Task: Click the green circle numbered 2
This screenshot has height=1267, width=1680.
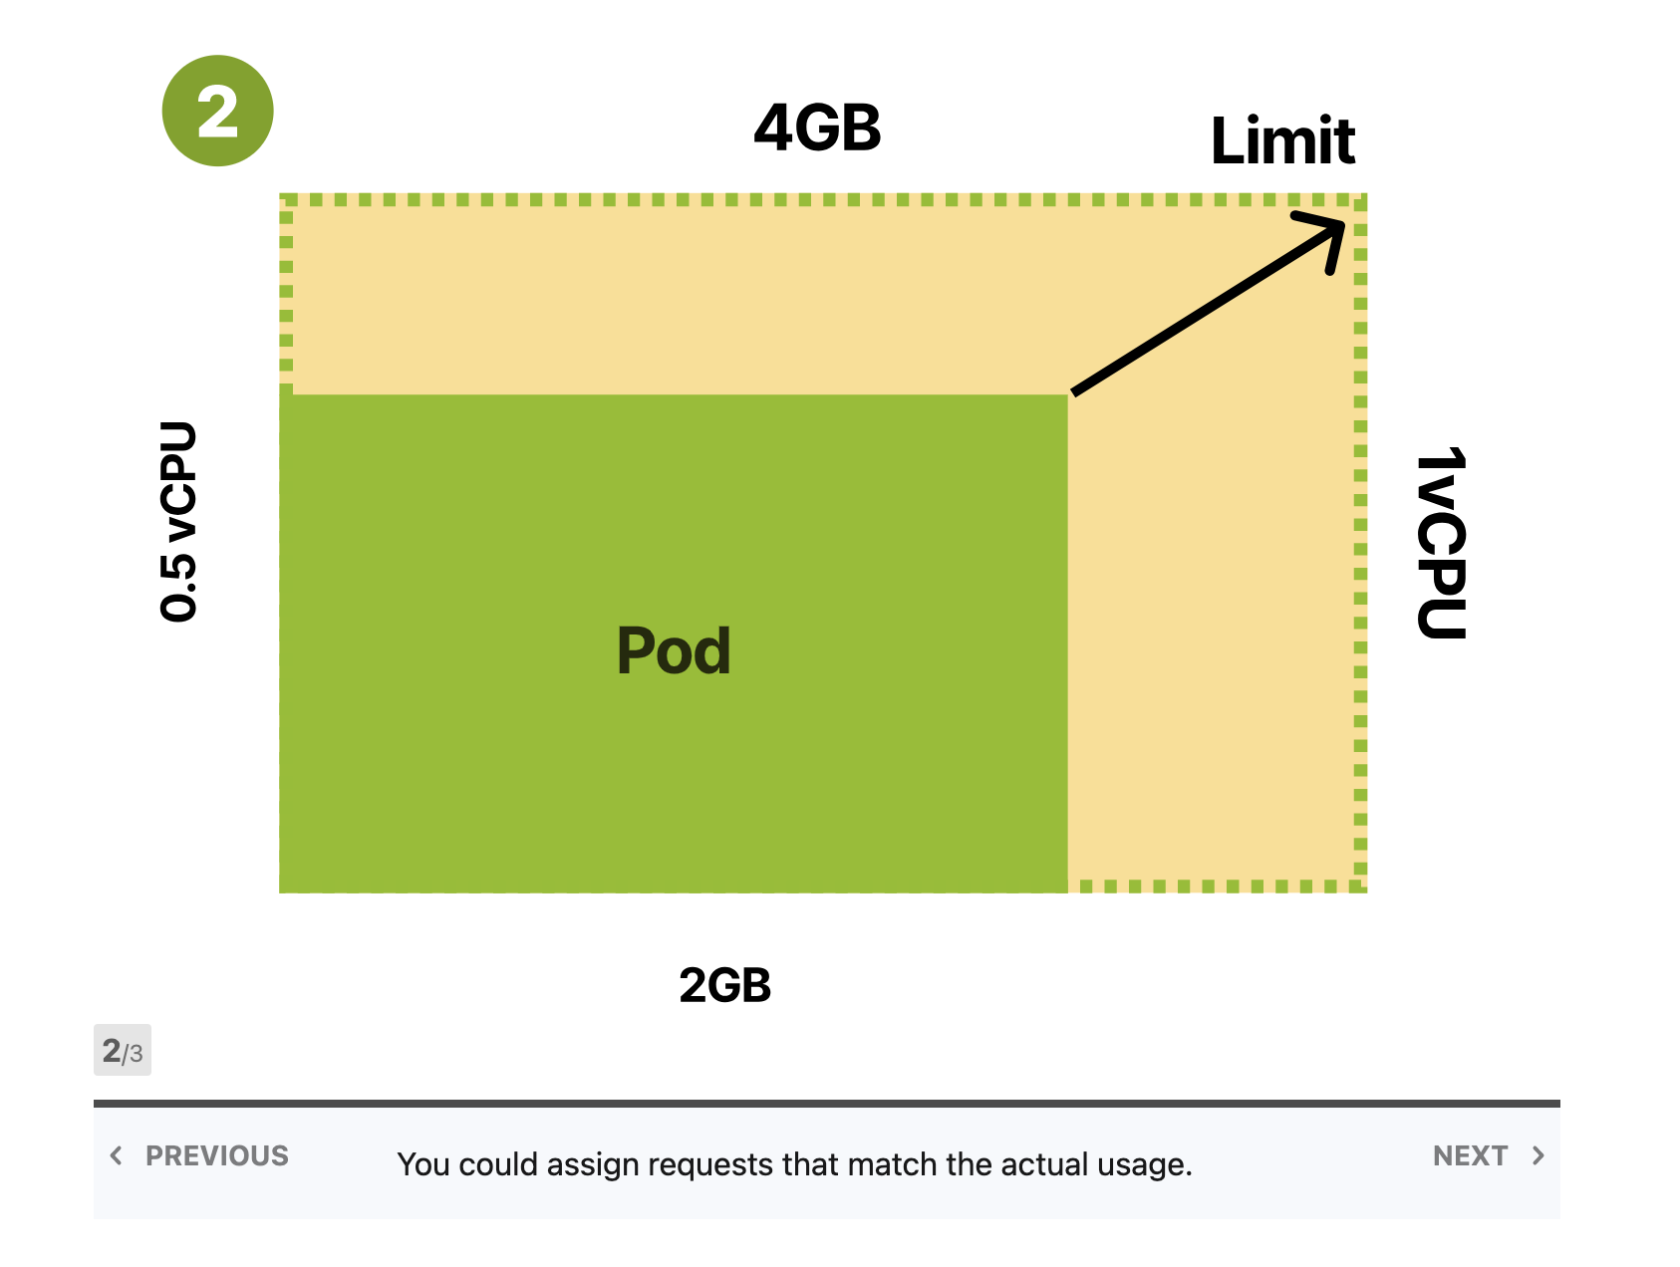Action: point(217,111)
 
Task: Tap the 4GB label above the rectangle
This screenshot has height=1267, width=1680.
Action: point(817,128)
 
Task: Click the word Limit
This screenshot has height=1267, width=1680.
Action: point(1282,140)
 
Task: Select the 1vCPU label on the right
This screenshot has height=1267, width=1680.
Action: point(1442,543)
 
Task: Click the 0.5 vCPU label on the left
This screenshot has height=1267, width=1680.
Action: point(178,522)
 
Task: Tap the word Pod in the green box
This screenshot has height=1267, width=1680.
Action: point(674,650)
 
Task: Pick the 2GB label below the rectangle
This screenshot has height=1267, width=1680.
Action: point(725,985)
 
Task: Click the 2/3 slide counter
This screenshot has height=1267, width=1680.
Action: point(123,1050)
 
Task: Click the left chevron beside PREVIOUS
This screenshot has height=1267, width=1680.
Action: point(117,1155)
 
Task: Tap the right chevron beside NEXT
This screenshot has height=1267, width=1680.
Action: point(1539,1155)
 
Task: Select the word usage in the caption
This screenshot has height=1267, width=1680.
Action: point(1144,1165)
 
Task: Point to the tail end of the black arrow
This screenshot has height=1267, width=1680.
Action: point(1073,393)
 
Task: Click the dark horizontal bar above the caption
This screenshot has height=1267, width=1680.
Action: point(827,1104)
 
